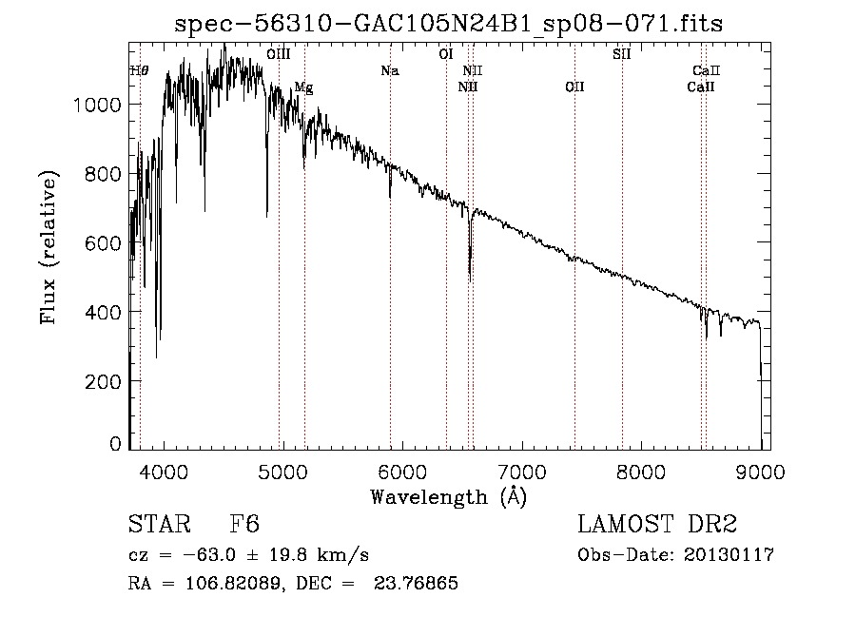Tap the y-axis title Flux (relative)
click(48, 247)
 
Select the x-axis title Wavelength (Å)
click(448, 495)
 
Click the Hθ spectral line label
click(139, 71)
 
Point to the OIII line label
click(279, 55)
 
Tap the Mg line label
click(303, 87)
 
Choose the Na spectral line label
click(389, 71)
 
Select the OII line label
click(574, 87)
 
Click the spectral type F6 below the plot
click(244, 525)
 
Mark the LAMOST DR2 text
click(657, 525)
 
